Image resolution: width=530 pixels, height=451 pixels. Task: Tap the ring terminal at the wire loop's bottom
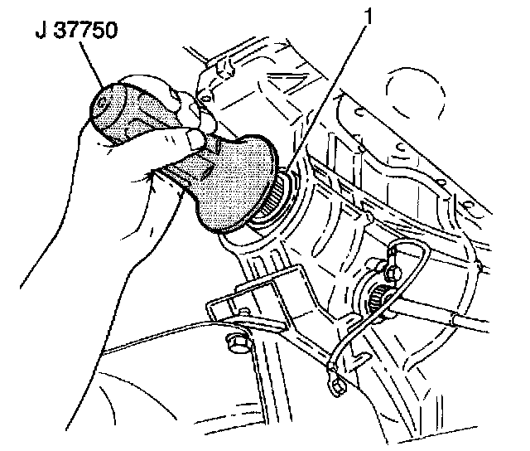coord(336,381)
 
